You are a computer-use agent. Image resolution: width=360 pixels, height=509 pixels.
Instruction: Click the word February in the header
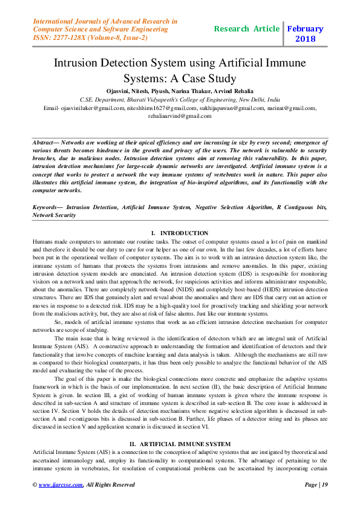pos(306,28)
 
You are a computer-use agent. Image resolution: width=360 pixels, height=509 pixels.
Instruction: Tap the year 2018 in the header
pos(306,39)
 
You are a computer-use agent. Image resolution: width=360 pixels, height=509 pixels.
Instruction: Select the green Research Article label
pos(247,28)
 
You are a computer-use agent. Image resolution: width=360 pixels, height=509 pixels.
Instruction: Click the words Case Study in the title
pos(204,79)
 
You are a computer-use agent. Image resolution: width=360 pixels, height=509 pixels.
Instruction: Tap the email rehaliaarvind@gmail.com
pos(180,116)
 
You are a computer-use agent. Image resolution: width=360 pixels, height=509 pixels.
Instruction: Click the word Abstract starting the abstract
pos(46,140)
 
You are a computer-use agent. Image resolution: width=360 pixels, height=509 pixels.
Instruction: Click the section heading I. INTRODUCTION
pos(180,233)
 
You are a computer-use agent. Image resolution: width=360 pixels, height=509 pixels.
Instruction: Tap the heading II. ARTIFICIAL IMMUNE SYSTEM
pos(180,444)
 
